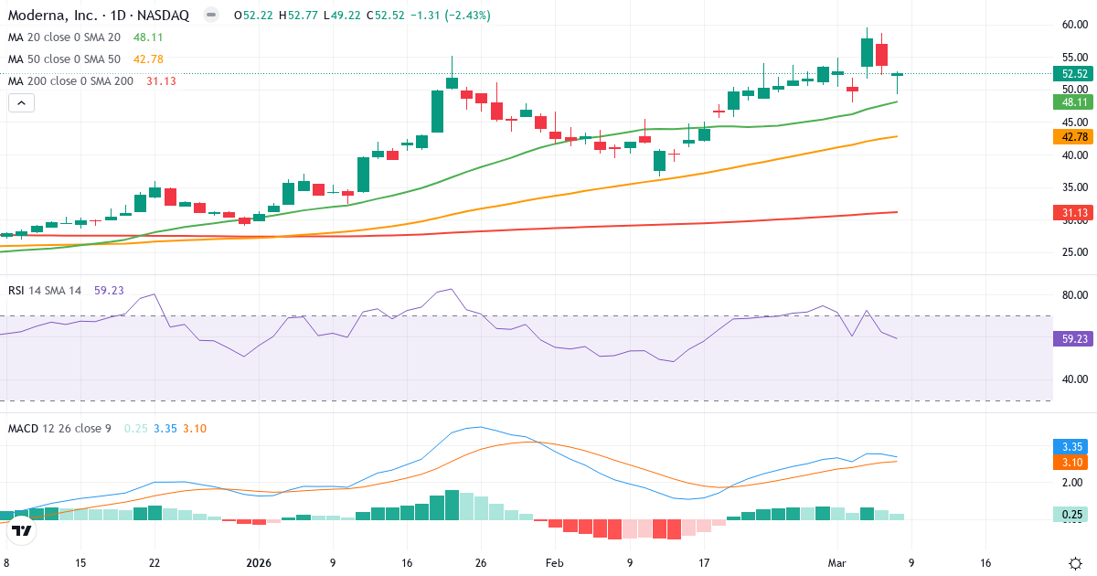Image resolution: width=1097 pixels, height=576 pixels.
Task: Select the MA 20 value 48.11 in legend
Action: [148, 37]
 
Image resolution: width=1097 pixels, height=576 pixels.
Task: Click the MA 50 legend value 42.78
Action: [148, 59]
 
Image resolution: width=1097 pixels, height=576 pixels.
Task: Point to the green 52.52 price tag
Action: [1070, 74]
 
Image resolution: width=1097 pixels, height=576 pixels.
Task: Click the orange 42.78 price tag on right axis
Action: [1070, 137]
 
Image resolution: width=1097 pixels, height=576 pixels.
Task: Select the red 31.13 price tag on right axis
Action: [1070, 213]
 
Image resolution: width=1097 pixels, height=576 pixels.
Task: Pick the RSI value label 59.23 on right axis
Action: [1070, 339]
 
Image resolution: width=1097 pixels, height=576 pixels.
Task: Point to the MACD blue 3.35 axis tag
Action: [1070, 447]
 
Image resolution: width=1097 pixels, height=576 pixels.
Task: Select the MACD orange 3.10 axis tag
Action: [1070, 463]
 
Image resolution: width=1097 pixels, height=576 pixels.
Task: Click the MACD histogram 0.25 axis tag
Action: [1070, 515]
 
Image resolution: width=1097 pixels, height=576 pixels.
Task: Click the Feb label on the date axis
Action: [555, 563]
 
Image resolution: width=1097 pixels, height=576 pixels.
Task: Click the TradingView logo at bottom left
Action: [22, 530]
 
